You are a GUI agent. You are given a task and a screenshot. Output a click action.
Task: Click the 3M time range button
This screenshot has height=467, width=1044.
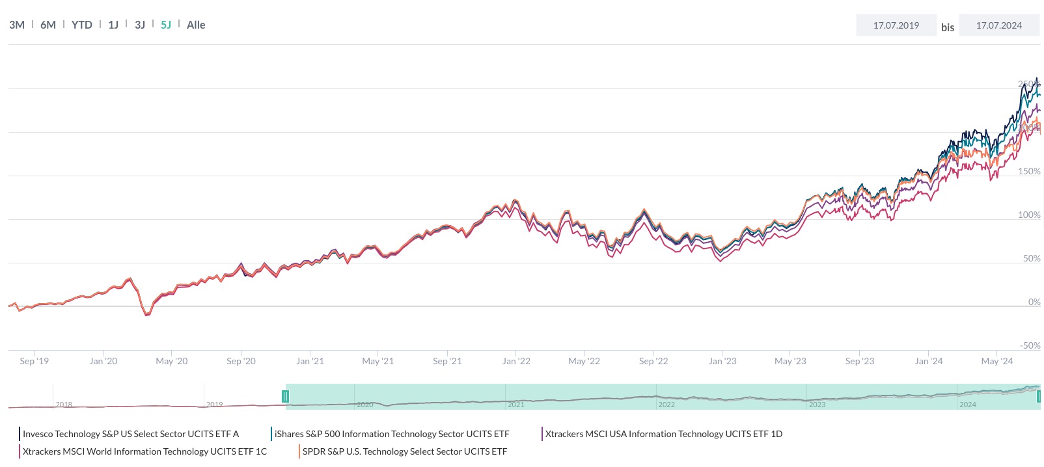pos(17,25)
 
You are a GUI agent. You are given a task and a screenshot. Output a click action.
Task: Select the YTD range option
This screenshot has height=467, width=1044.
pos(81,25)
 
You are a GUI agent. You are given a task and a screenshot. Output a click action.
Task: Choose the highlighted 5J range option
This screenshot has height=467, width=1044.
pos(166,25)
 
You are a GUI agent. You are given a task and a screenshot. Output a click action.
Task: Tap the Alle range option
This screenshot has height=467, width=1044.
pos(196,25)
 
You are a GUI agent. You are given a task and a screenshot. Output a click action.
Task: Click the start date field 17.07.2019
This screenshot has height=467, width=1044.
pos(896,25)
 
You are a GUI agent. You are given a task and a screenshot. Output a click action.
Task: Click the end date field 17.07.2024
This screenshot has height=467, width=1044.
pos(998,25)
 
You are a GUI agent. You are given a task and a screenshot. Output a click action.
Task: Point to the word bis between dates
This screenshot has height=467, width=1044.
pos(948,27)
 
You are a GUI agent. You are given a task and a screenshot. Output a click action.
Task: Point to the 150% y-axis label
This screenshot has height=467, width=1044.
pos(1029,171)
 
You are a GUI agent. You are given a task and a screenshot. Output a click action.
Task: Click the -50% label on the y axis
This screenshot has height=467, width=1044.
pos(1030,345)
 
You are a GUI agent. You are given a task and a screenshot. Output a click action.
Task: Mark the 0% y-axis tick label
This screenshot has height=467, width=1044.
pos(1034,302)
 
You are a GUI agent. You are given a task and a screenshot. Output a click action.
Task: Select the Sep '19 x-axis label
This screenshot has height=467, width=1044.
pos(34,361)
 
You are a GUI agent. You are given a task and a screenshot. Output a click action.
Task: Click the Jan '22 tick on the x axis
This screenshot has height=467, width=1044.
pos(516,361)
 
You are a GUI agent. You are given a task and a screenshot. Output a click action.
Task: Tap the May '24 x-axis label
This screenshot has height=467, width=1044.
pos(996,361)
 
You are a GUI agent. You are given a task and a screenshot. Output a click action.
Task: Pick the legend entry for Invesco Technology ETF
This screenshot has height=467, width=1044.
pos(130,434)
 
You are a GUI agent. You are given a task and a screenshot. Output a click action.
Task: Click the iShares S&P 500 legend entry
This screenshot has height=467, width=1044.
pos(391,434)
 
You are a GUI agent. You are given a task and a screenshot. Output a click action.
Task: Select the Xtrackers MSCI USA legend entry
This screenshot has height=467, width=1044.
pos(663,434)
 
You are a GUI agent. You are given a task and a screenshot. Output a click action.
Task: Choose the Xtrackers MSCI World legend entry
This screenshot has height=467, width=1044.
pos(144,451)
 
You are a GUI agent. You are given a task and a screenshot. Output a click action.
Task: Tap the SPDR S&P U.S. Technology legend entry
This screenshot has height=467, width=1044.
pos(404,451)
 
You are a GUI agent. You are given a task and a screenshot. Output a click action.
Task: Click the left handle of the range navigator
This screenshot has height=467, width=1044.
pos(285,396)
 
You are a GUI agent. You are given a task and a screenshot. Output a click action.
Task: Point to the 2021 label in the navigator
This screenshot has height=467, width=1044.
pos(515,405)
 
